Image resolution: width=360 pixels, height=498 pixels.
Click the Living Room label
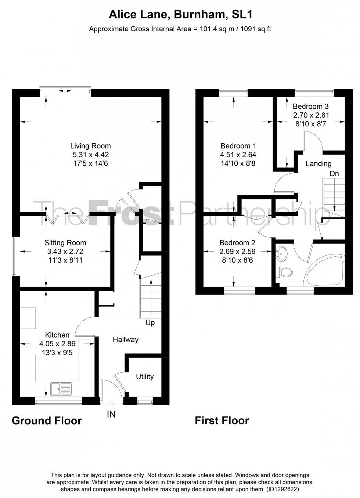click(90, 146)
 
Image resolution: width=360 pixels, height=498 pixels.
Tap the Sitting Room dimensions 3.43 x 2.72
click(65, 252)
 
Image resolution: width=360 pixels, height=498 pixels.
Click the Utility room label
click(145, 376)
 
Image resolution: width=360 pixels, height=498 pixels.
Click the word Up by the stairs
click(150, 323)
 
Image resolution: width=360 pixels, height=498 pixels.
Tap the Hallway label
click(125, 339)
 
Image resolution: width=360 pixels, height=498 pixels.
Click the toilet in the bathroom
click(284, 272)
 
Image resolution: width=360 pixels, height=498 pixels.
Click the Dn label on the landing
click(334, 173)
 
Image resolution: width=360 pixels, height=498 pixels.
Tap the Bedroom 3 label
click(310, 107)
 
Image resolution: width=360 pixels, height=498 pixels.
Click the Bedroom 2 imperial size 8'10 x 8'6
click(237, 260)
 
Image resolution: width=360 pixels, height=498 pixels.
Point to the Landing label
click(318, 163)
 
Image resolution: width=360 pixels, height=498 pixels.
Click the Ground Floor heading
click(47, 421)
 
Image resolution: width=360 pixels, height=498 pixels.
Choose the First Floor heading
click(222, 421)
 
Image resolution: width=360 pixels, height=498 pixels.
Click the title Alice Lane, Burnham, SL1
click(180, 15)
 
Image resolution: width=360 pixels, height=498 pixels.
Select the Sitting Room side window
click(15, 256)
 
